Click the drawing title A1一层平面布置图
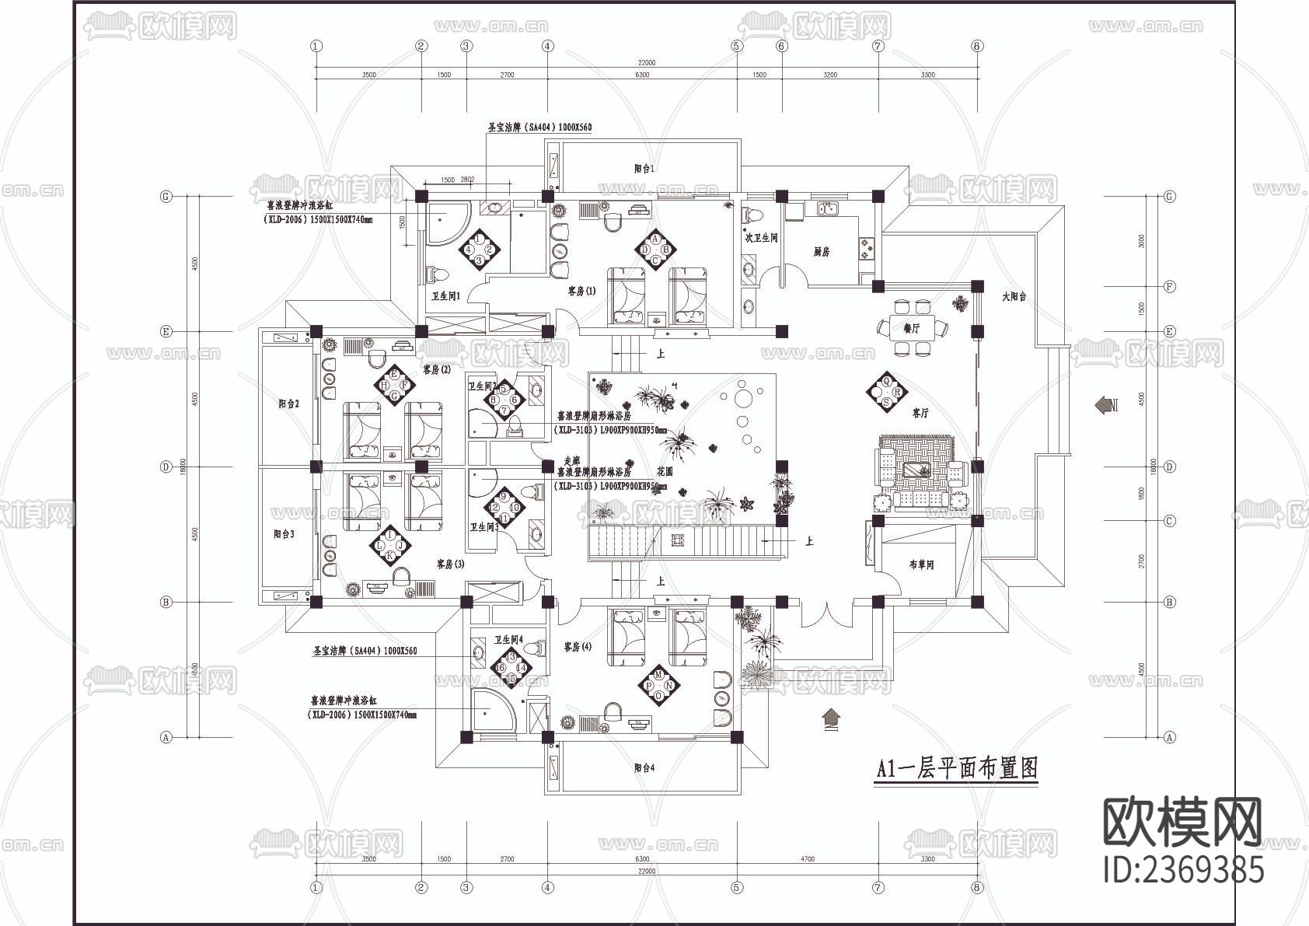tap(956, 769)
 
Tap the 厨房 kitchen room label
tap(822, 252)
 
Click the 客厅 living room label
tap(920, 414)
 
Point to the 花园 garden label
tap(664, 471)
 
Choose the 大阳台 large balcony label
tap(1014, 296)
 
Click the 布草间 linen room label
tap(920, 564)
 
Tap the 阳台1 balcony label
tap(644, 168)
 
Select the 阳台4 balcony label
tap(644, 767)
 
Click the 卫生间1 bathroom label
tap(447, 296)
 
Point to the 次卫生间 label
tap(762, 238)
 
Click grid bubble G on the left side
tap(166, 197)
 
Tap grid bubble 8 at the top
tap(977, 46)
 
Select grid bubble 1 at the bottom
tap(316, 887)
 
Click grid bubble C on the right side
tap(1169, 521)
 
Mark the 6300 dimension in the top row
tap(642, 75)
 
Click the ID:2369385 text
tap(1183, 869)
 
